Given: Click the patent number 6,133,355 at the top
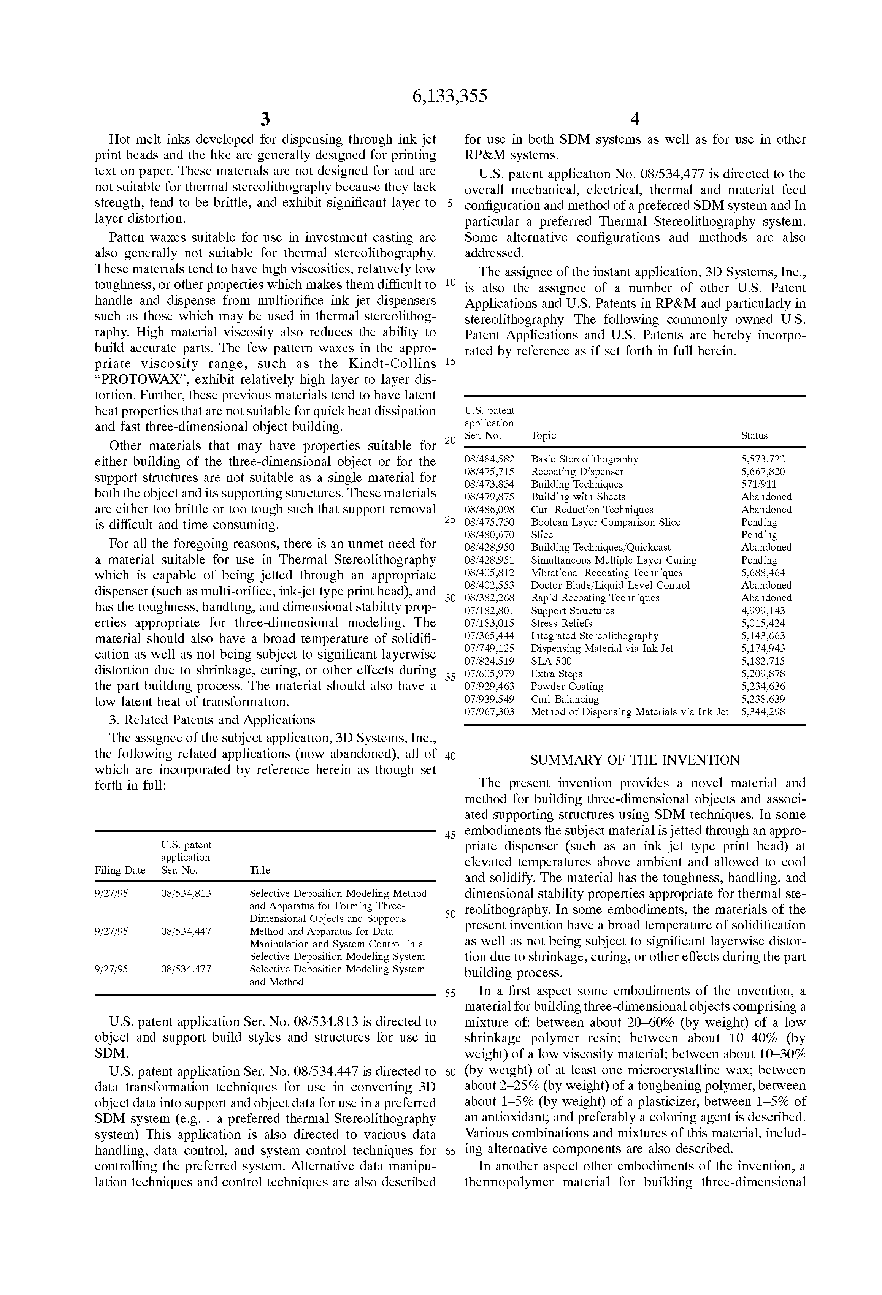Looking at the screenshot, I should (449, 97).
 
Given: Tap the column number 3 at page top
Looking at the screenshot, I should (265, 119).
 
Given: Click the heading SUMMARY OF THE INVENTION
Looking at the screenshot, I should (635, 760).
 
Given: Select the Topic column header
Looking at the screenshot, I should (543, 436).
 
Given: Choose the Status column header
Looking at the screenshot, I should (754, 436).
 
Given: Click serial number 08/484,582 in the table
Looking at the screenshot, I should (489, 459).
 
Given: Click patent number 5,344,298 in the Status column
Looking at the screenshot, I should (763, 712).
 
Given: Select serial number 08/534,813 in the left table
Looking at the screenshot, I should (186, 894).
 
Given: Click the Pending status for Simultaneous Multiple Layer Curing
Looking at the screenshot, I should (759, 560).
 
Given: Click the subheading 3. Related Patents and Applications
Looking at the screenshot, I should (212, 720).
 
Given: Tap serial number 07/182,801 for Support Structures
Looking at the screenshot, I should (489, 611).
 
